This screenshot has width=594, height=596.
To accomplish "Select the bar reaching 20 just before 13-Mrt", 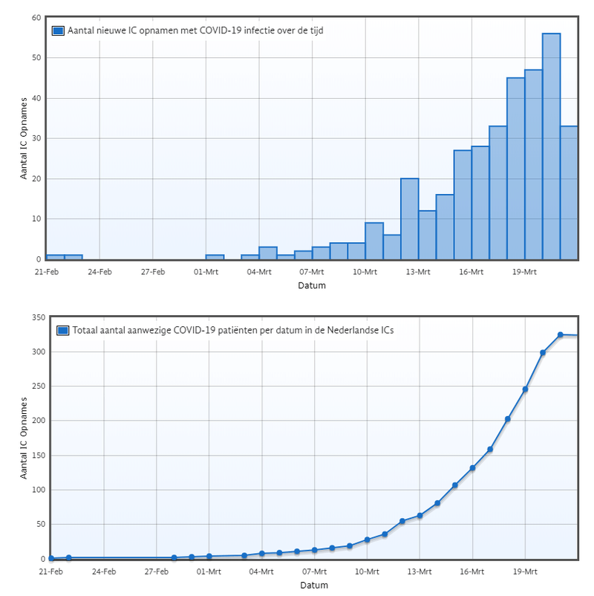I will coord(410,219).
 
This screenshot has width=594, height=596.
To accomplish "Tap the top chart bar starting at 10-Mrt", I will coord(374,242).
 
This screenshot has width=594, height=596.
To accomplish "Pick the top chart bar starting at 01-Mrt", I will coord(215,257).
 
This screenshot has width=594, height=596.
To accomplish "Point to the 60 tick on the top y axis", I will coord(36,17).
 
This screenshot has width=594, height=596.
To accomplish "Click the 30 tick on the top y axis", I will coord(36,138).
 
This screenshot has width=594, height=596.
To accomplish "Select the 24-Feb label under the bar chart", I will coord(99,272).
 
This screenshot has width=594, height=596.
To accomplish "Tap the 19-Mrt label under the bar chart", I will coord(524,272).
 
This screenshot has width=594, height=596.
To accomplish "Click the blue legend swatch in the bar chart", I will coord(58,30).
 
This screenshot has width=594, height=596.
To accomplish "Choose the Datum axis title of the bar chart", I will coord(312,285).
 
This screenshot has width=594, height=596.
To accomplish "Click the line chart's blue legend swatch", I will coord(62,329).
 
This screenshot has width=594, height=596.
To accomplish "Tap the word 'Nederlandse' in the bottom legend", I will coord(338,329).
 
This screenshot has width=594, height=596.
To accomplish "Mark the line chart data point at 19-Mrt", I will coord(525,389).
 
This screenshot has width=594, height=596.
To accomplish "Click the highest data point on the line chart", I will coord(561,335).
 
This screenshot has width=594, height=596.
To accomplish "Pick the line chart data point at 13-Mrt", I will coord(420,516).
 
